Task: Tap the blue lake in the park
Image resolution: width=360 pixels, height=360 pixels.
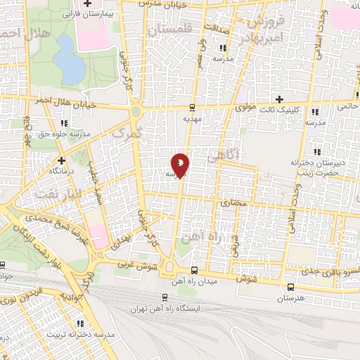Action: [x=69, y=58]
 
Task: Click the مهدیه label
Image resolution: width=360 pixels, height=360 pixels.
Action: [x=192, y=120]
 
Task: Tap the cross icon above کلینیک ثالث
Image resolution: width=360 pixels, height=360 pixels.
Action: [x=280, y=99]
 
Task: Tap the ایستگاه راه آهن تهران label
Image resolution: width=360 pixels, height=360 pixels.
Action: [x=165, y=309]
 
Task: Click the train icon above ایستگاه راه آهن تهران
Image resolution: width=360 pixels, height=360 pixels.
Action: [x=165, y=297]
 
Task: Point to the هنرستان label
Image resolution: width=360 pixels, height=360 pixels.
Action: [x=290, y=298]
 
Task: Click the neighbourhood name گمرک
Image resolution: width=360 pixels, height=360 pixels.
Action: [x=127, y=132]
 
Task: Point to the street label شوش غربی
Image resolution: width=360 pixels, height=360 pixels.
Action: [x=136, y=269]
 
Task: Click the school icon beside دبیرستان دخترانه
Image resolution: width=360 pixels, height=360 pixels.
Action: [x=317, y=152]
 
